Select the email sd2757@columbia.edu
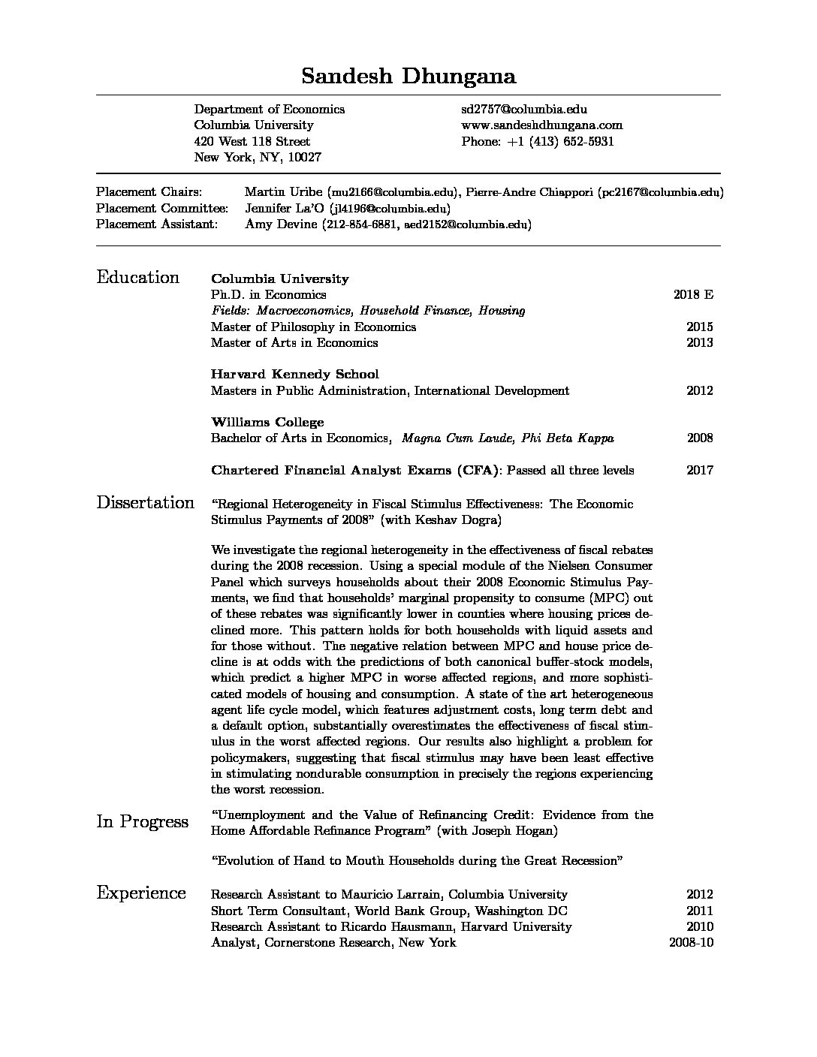pyautogui.click(x=523, y=110)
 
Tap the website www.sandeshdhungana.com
pyautogui.click(x=541, y=125)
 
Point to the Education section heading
pyautogui.click(x=138, y=278)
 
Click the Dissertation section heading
pyautogui.click(x=145, y=503)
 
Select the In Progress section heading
pyautogui.click(x=143, y=822)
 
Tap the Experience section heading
pyautogui.click(x=141, y=893)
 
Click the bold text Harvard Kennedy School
pyautogui.click(x=294, y=374)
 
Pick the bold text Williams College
pyautogui.click(x=267, y=422)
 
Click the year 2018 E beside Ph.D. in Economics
pyautogui.click(x=693, y=294)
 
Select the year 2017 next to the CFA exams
pyautogui.click(x=699, y=471)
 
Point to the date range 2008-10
pyautogui.click(x=691, y=942)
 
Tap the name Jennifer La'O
pyautogui.click(x=282, y=208)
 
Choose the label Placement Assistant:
pyautogui.click(x=157, y=224)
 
